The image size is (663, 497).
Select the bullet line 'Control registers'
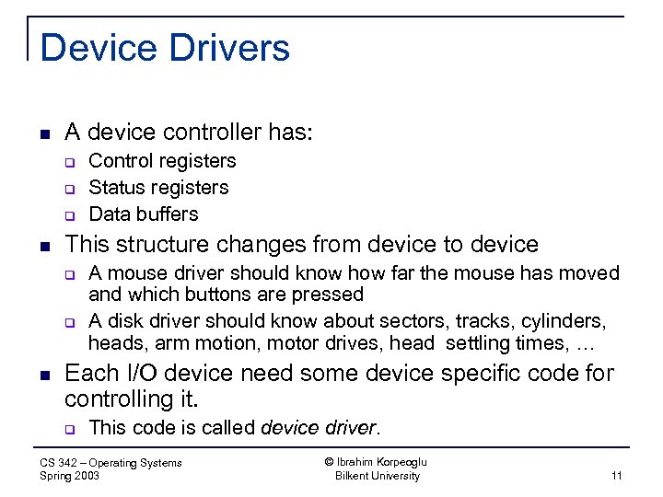point(162,161)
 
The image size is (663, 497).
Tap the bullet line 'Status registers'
point(158,188)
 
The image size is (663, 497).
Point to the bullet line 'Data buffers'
point(143,214)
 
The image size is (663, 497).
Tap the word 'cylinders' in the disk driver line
point(564,321)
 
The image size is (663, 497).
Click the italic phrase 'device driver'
point(319,427)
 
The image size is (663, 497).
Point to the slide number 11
point(616,476)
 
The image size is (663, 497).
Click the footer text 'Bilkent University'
point(378,476)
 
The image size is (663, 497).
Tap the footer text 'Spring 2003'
point(70,476)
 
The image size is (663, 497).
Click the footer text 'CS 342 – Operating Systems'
point(111,463)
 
